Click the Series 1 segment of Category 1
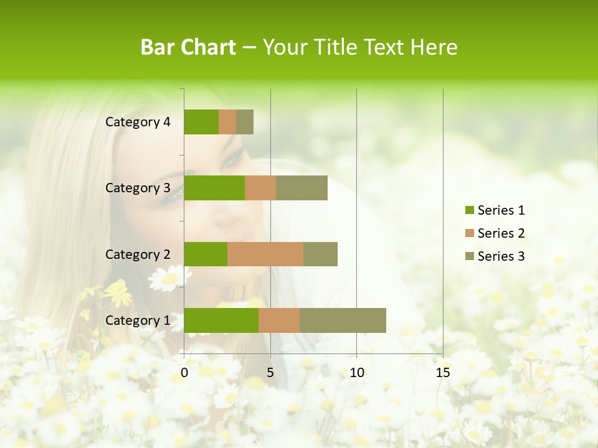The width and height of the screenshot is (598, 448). point(221,320)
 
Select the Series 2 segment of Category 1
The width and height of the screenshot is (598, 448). point(279,320)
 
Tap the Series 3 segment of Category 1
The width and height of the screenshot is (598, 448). point(343,320)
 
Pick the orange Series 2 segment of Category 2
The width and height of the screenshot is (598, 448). point(265,254)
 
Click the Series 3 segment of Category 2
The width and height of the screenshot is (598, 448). point(320,254)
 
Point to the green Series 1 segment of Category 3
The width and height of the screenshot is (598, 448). point(214,188)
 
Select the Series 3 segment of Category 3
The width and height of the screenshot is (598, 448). point(301,188)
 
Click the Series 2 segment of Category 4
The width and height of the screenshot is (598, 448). point(227,122)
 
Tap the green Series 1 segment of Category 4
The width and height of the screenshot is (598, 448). point(201,122)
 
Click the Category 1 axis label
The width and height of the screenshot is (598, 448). point(138,320)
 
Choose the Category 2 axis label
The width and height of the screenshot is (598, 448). point(138,254)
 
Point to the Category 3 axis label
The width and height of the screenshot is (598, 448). point(138,188)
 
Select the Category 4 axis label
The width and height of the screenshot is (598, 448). point(138,122)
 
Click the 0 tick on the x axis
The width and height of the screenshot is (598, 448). point(184,373)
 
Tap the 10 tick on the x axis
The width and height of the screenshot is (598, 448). point(356,373)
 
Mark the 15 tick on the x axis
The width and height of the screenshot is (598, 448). point(443,373)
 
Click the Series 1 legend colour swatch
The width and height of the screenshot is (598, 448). point(469,210)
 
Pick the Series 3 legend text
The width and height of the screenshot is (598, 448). point(501,256)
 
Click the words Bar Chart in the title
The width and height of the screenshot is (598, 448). point(188,47)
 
